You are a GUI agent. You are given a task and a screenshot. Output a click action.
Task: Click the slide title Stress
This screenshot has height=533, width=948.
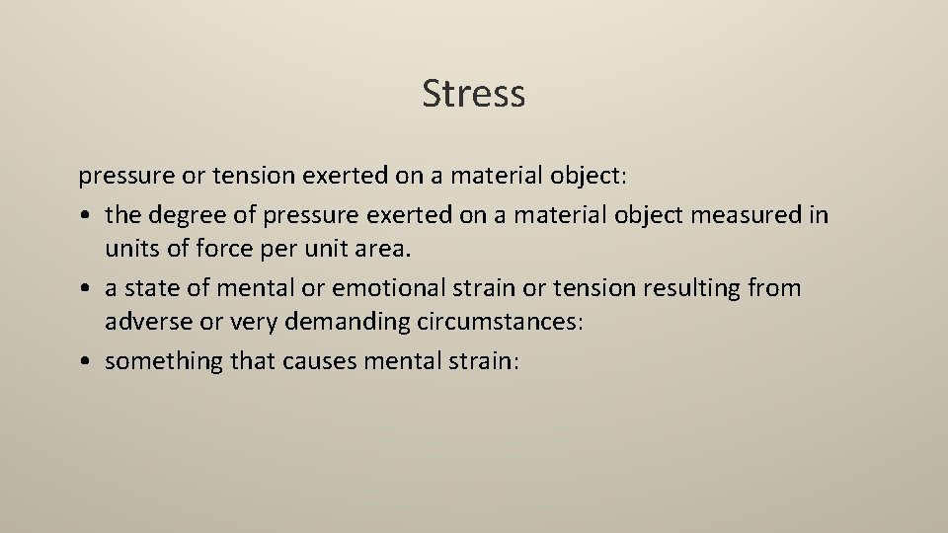click(473, 94)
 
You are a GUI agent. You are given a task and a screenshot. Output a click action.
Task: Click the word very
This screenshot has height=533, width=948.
click(245, 324)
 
